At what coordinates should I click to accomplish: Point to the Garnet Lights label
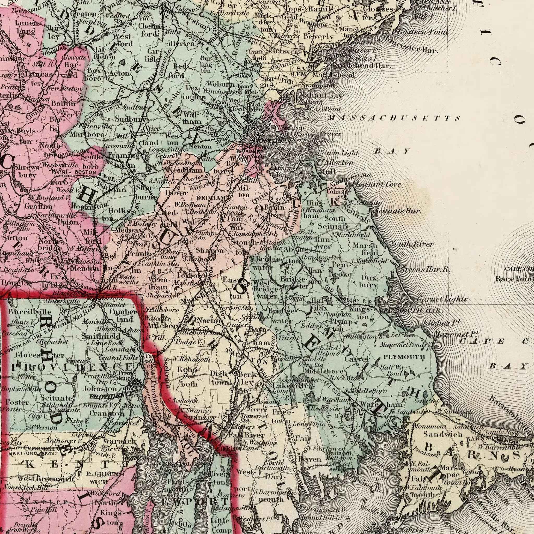pyautogui.click(x=442, y=299)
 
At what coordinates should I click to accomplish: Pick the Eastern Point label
pyautogui.click(x=423, y=32)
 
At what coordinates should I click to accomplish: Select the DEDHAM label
pyautogui.click(x=212, y=198)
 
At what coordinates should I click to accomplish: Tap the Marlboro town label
pyautogui.click(x=87, y=134)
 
